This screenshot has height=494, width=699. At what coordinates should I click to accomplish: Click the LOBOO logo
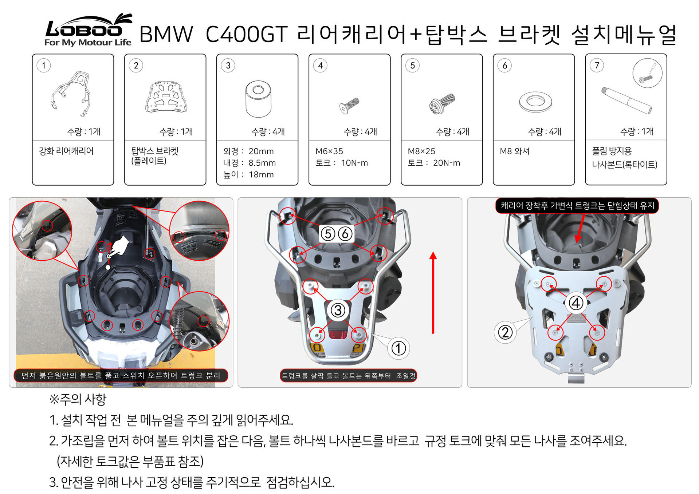[88, 30]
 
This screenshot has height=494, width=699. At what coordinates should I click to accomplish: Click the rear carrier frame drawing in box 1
[71, 94]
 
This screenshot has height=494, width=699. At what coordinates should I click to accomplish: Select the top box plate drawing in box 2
[166, 96]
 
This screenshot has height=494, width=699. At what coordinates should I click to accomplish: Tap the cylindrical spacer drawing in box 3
[258, 99]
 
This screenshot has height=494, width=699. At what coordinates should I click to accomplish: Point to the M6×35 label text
[329, 151]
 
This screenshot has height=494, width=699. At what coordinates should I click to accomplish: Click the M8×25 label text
[421, 151]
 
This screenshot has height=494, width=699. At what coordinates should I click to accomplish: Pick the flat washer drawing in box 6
[535, 102]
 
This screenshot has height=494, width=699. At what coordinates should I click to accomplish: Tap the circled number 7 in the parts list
[597, 66]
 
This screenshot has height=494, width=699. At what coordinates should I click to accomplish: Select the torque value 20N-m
[447, 163]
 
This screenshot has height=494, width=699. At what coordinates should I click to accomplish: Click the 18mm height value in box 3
[261, 174]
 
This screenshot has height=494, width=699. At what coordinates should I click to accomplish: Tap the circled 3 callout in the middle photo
[338, 310]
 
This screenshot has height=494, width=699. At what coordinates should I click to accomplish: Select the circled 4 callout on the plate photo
[576, 303]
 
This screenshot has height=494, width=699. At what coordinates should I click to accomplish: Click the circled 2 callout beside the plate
[505, 332]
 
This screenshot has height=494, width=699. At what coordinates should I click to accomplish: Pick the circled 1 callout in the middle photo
[398, 348]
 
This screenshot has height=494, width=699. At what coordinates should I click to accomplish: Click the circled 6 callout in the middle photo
[345, 234]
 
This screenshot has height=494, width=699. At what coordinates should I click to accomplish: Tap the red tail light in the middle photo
[338, 334]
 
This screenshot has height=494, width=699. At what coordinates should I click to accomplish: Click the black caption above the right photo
[577, 206]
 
